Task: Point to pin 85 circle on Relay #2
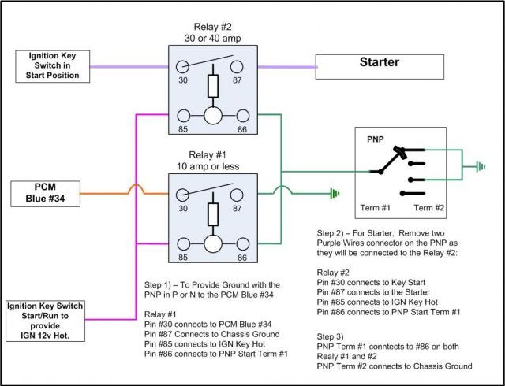(183, 115)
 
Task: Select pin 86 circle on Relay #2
(241, 115)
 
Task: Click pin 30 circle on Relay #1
(183, 193)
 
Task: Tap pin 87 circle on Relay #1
(241, 193)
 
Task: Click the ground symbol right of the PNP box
(481, 166)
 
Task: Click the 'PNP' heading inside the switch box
(376, 139)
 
